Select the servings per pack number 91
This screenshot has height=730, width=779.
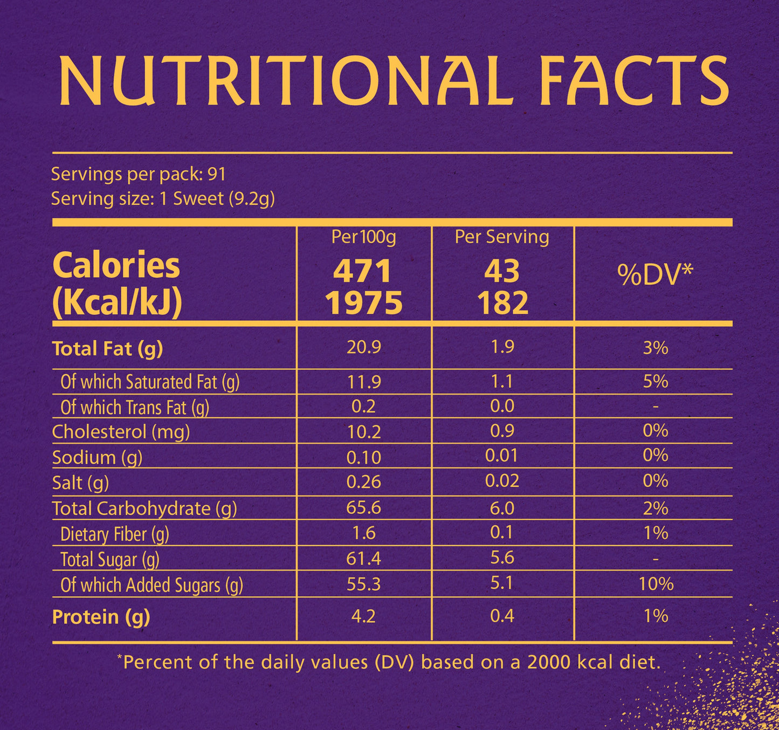coord(217,174)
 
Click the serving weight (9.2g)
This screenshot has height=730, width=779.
coord(251,199)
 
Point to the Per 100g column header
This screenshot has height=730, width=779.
coord(363,237)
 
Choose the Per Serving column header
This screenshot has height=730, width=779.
coord(502,237)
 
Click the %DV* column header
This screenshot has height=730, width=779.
coord(654,275)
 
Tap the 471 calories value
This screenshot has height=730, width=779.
coord(362,271)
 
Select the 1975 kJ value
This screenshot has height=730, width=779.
coord(363,303)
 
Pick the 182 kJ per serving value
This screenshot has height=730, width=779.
coord(502,303)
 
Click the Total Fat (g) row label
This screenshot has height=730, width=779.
coord(107,349)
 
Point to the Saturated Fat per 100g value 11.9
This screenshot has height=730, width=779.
coord(363,382)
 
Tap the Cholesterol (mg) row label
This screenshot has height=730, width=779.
coord(121,432)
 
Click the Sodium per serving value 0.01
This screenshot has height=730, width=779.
coord(501,456)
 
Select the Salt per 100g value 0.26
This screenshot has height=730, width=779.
coord(363,482)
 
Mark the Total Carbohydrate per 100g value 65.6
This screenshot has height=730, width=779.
coord(363,508)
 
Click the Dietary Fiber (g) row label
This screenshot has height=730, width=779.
coord(114,534)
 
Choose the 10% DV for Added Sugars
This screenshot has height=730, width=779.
coord(656,584)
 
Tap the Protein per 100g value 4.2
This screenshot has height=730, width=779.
coord(363,616)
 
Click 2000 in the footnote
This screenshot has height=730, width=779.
coord(549,662)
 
